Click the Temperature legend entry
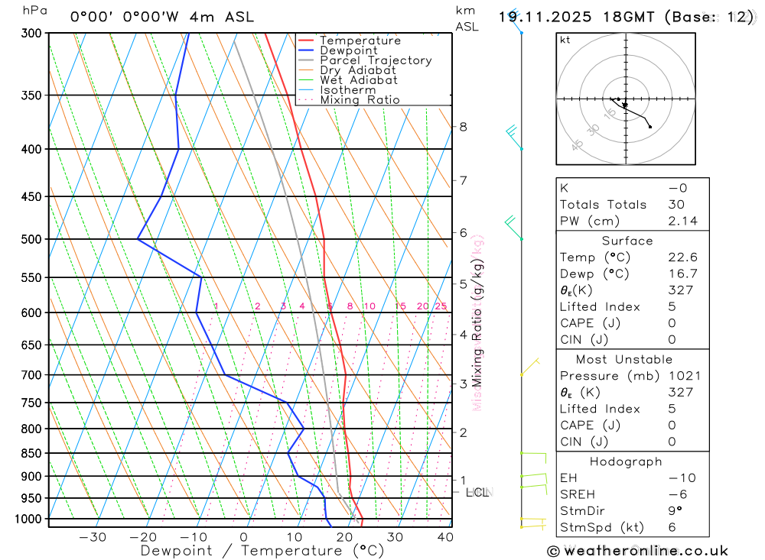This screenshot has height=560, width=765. click(x=360, y=40)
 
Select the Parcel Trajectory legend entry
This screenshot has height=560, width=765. click(x=376, y=60)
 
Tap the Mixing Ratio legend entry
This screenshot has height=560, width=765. click(x=360, y=100)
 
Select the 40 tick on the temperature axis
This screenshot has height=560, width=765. click(x=444, y=537)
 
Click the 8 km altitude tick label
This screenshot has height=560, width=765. click(x=463, y=127)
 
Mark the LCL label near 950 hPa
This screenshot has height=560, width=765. click(x=477, y=493)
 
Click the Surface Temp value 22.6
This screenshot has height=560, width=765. click(x=682, y=257)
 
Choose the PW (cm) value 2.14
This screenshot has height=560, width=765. click(x=682, y=221)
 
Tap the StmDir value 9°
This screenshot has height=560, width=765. click(x=674, y=511)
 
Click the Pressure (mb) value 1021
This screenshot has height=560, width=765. click(x=682, y=376)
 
